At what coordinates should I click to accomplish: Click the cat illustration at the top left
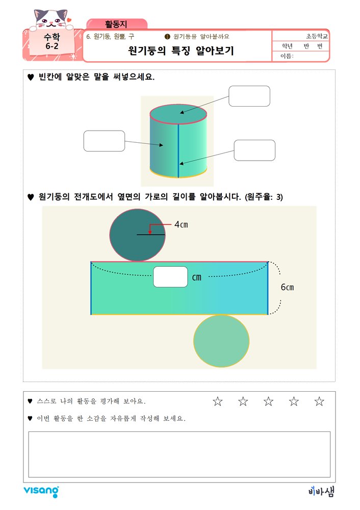click(x=50, y=20)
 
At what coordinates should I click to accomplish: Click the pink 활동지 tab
click(x=117, y=23)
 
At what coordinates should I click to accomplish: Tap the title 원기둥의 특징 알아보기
click(x=181, y=51)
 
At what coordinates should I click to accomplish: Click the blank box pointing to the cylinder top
click(x=249, y=96)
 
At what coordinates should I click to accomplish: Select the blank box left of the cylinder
click(x=104, y=141)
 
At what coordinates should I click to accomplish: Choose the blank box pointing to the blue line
click(x=254, y=150)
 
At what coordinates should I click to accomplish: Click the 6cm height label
click(x=287, y=287)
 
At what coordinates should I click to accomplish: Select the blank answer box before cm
click(x=170, y=277)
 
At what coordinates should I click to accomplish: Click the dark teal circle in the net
click(x=137, y=235)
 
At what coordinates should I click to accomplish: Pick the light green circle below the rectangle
click(x=221, y=341)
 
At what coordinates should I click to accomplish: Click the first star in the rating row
click(x=218, y=402)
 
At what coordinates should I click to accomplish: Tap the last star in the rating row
click(x=319, y=402)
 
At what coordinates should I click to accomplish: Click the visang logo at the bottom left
click(x=41, y=491)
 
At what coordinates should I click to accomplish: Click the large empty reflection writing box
click(x=179, y=454)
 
